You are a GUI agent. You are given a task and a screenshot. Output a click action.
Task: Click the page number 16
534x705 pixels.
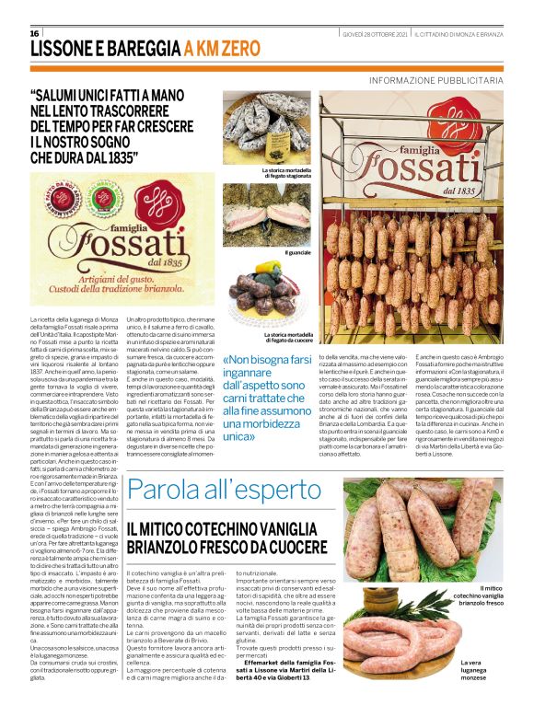35,33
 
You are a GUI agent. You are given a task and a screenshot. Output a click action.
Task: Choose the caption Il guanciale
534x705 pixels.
297,251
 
